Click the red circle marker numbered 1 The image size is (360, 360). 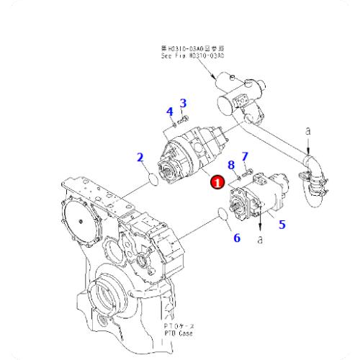coord(216,184)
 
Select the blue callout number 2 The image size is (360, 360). coord(140,157)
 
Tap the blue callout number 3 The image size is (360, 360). coord(183,103)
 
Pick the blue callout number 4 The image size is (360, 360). coord(170,112)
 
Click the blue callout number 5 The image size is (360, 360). coord(282,224)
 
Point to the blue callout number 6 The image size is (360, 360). coord(236,237)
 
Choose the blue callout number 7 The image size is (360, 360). coord(244,156)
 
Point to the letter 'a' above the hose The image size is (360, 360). coord(308,132)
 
